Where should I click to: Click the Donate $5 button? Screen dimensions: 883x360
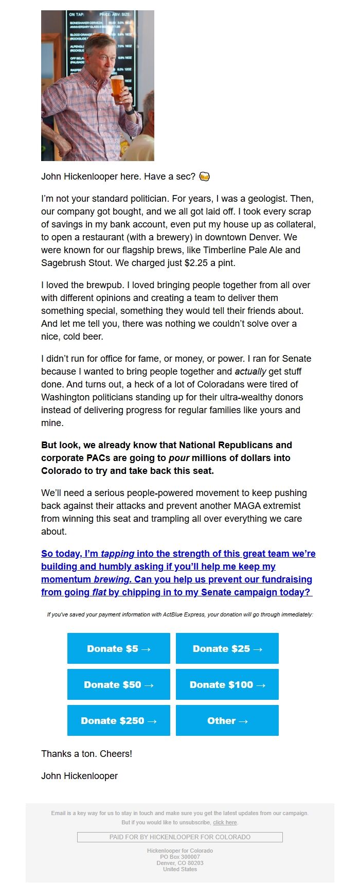[x=118, y=648]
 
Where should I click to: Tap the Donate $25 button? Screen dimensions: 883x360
[x=227, y=648]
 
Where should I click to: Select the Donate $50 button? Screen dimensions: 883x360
[x=118, y=684]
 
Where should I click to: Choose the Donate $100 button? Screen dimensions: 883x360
[x=227, y=684]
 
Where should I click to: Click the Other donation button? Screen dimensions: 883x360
[x=227, y=720]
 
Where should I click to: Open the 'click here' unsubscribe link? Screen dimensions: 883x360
[x=225, y=822]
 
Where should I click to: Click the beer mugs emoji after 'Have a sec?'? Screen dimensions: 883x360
[x=204, y=176]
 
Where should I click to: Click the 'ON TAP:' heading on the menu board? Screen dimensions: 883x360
[x=77, y=14]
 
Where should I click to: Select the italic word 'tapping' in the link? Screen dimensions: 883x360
[x=117, y=554]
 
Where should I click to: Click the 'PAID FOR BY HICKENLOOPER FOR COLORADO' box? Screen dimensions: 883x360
[x=179, y=837]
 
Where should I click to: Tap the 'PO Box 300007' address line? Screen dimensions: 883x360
[x=179, y=857]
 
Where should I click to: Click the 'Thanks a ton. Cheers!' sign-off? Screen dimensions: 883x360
[x=86, y=754]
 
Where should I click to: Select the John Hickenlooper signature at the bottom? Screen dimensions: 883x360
[x=79, y=776]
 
